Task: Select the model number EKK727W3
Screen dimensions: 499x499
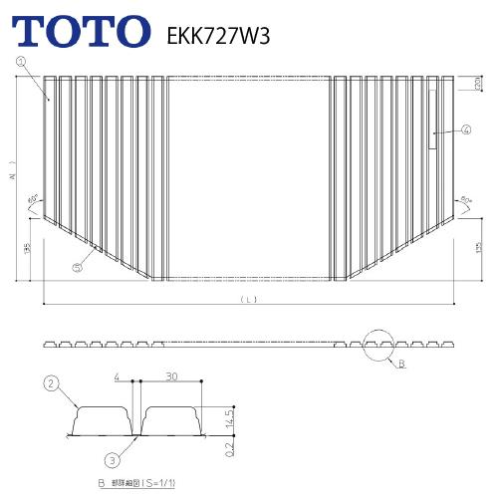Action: [213, 34]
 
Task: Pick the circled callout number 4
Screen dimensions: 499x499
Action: [466, 129]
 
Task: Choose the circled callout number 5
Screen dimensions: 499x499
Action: [77, 266]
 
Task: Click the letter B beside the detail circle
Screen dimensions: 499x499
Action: [401, 366]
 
